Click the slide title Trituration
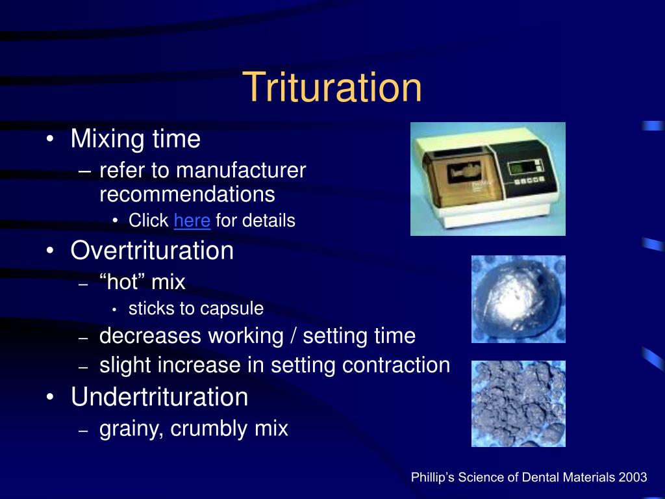tap(332, 89)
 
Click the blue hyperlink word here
tap(192, 221)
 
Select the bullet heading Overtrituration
tap(152, 251)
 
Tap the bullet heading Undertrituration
tap(159, 397)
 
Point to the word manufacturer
tap(241, 171)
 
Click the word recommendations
tap(187, 194)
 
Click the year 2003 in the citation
tap(633, 478)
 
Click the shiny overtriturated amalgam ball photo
tap(518, 299)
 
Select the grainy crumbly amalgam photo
tap(518, 403)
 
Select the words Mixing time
tap(136, 139)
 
